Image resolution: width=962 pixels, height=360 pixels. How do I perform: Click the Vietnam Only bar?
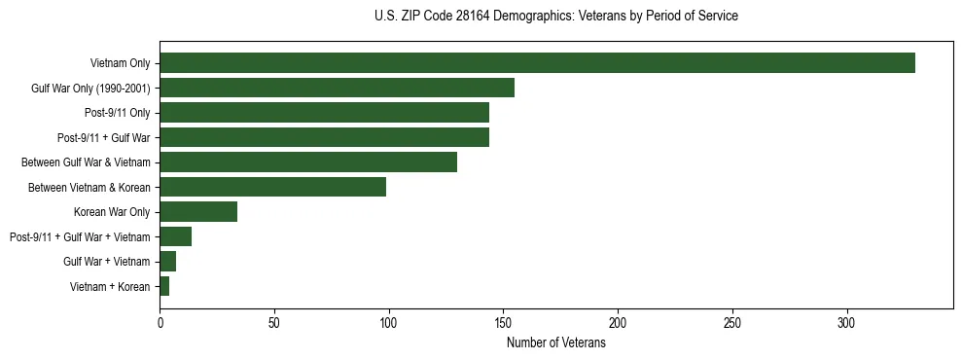point(537,63)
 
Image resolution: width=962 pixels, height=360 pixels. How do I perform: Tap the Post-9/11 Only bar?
point(324,113)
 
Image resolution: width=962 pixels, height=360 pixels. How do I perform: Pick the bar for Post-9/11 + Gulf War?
point(324,137)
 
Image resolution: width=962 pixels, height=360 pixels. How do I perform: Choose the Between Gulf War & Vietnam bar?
point(308,162)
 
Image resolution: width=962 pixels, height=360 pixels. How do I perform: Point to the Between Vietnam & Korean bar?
point(272,187)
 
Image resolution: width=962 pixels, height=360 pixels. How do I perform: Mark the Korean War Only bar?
point(198,212)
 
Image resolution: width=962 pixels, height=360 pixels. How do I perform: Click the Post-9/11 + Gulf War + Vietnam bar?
point(175,236)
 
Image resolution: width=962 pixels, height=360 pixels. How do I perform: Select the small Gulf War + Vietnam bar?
point(167,262)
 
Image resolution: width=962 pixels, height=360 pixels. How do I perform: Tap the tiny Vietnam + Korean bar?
point(164,286)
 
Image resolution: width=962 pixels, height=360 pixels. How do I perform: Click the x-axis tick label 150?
point(503,322)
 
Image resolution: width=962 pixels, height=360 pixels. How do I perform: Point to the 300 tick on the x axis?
point(847,322)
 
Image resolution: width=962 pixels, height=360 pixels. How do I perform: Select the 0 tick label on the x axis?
point(160,322)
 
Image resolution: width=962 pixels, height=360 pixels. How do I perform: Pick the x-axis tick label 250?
point(732,322)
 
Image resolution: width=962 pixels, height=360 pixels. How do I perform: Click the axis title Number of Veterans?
point(555,343)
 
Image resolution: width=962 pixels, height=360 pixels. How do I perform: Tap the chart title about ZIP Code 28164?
point(555,17)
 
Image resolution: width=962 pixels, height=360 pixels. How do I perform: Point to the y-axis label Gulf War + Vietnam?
point(107,262)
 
